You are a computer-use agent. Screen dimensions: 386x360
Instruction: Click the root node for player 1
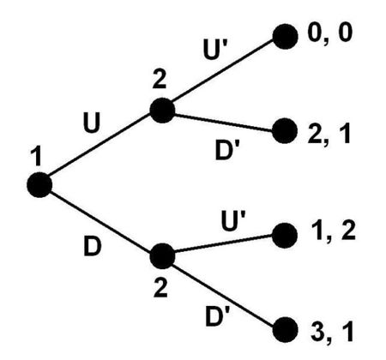coord(39,185)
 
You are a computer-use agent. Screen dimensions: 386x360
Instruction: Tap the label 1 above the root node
coord(36,157)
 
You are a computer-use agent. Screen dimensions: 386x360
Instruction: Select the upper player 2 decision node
coord(162,111)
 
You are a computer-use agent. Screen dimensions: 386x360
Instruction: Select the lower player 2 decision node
coord(162,256)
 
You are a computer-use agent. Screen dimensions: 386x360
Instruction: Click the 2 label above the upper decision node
coord(160,80)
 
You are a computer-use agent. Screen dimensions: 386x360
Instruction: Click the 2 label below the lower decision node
coord(160,288)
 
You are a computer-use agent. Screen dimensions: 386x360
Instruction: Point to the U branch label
coord(92,123)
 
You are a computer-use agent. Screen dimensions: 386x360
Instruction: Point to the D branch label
coord(93,246)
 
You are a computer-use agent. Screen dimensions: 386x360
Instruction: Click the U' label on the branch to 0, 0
coord(214,49)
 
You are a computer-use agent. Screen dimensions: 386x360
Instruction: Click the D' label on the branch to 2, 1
coord(226,150)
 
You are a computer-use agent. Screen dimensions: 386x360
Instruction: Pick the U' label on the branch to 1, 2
coord(233,220)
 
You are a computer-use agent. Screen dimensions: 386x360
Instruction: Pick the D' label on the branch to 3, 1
coord(217,316)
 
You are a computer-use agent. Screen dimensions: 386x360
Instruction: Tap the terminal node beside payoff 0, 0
coord(285,37)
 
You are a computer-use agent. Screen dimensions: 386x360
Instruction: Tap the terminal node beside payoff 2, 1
coord(285,131)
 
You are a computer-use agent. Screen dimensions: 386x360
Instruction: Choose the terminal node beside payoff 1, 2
coord(285,236)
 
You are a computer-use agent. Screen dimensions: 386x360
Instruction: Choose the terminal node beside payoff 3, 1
coord(285,330)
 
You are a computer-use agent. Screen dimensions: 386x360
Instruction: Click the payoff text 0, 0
coord(329,33)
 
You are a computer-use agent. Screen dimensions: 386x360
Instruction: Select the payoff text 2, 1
coord(329,135)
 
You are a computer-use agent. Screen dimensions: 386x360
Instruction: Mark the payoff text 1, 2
coord(332,231)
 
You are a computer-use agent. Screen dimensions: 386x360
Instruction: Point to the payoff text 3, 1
coord(332,333)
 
